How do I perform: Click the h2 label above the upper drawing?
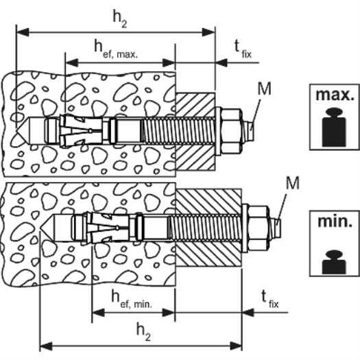(x=119, y=19)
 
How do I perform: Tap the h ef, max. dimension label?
(x=116, y=49)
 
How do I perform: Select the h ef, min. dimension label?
(x=132, y=299)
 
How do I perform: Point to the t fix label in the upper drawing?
(x=243, y=49)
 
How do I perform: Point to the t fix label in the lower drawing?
(x=270, y=299)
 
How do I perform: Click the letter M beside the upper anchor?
(x=264, y=88)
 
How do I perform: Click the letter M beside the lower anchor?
(x=293, y=183)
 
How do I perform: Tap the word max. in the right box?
(x=335, y=95)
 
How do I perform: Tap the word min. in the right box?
(x=335, y=221)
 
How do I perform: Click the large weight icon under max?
(x=334, y=127)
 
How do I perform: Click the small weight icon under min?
(x=334, y=262)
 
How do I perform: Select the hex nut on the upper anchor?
(x=232, y=131)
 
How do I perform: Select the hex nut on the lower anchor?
(x=259, y=228)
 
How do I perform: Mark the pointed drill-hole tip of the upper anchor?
(x=16, y=131)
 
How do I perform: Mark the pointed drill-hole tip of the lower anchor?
(x=40, y=228)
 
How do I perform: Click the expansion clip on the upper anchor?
(x=81, y=131)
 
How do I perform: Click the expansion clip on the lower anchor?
(x=108, y=228)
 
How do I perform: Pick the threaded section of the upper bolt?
(x=178, y=131)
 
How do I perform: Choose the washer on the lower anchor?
(x=245, y=228)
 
